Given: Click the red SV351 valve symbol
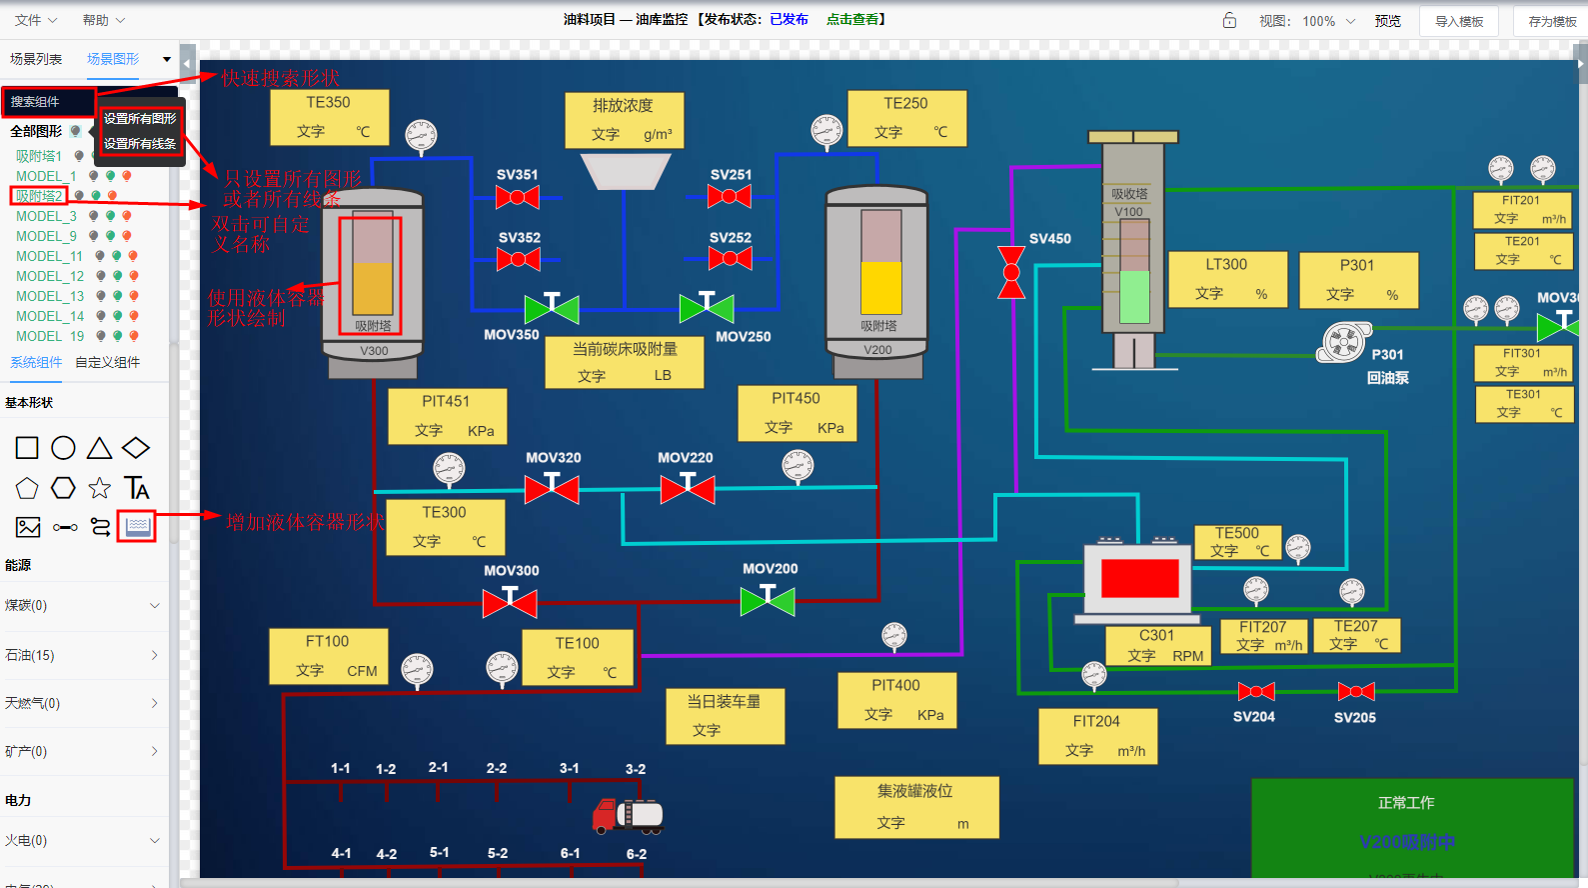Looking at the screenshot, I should pyautogui.click(x=518, y=197).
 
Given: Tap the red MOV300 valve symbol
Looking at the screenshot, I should pyautogui.click(x=510, y=602).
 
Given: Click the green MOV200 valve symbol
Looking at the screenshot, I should pyautogui.click(x=768, y=600).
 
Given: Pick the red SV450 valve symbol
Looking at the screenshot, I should pyautogui.click(x=1011, y=272).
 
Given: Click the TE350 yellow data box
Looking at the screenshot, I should pyautogui.click(x=329, y=117).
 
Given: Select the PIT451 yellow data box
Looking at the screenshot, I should pyautogui.click(x=447, y=416).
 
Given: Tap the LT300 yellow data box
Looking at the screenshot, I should pyautogui.click(x=1227, y=279).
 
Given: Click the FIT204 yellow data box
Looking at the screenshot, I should pyautogui.click(x=1097, y=736).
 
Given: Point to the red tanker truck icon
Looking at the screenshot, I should pyautogui.click(x=628, y=816).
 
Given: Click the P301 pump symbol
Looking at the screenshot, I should pyautogui.click(x=1344, y=342).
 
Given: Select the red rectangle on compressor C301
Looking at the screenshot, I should pyautogui.click(x=1139, y=578).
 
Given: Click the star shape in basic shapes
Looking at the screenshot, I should pyautogui.click(x=99, y=488).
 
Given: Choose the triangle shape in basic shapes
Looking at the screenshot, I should pyautogui.click(x=99, y=448).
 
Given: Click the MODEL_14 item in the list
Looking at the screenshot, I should pyautogui.click(x=50, y=316).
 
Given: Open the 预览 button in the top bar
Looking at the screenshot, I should pyautogui.click(x=1387, y=21).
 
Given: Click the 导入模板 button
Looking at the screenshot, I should pyautogui.click(x=1458, y=21).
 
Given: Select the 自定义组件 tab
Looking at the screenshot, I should pyautogui.click(x=108, y=362).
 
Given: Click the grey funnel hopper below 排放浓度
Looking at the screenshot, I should pyautogui.click(x=625, y=171).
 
